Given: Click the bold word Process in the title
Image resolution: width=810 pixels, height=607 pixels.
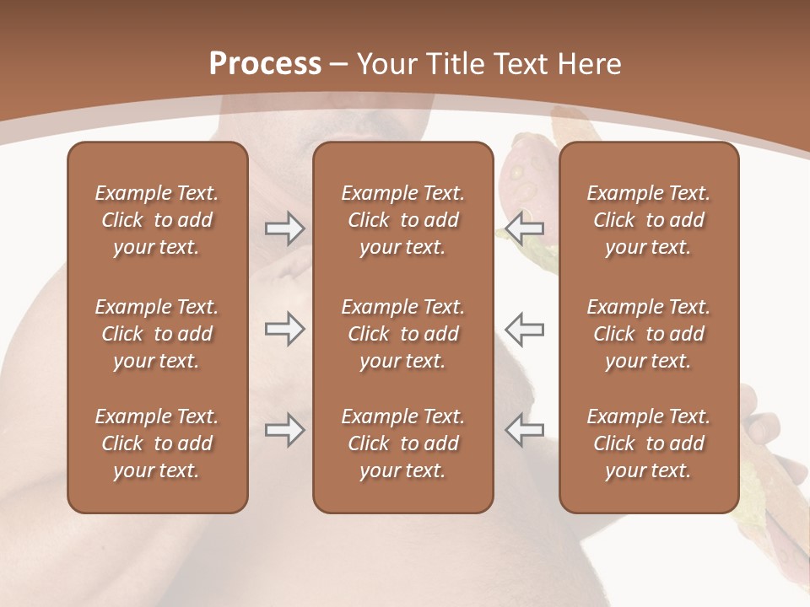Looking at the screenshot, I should tap(265, 64).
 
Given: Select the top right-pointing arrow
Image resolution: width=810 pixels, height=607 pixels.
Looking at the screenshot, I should tap(284, 228).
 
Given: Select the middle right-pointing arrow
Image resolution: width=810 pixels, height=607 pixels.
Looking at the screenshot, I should tap(284, 329).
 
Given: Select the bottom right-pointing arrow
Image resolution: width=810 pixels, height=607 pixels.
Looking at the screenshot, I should tap(284, 430).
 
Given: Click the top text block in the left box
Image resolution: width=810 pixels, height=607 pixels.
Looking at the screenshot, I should tap(157, 220).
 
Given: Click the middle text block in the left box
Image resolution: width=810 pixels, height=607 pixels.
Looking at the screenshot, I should tap(157, 334).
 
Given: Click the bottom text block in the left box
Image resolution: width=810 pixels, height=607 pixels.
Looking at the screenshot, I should tap(157, 443).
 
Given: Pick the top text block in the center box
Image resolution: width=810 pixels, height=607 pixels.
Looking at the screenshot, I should tap(402, 220).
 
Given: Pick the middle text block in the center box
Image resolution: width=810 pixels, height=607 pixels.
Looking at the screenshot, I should tap(402, 334).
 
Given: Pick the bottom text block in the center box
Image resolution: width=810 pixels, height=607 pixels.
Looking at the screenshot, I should tap(402, 443).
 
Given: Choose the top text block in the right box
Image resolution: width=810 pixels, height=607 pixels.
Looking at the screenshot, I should tap(648, 220).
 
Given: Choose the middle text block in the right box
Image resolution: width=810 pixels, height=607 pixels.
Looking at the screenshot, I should tap(648, 334).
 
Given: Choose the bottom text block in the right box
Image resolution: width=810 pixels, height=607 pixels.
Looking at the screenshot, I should tap(648, 443).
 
